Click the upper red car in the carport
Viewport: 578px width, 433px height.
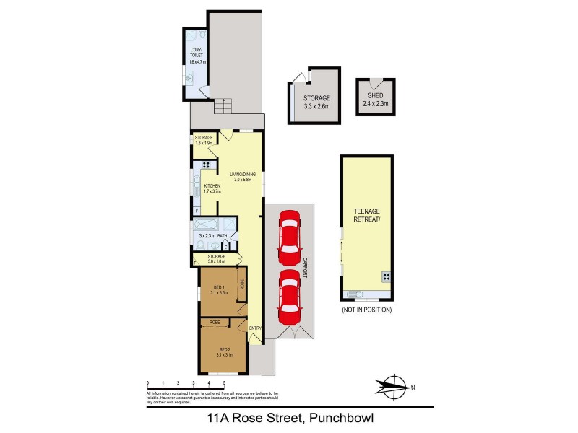coord(289,237)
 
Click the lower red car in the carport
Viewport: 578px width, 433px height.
coord(289,297)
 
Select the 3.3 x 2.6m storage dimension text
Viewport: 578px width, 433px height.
coord(316,107)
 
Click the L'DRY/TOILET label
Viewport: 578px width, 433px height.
coord(197,55)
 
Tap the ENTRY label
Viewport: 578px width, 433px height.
coord(255,329)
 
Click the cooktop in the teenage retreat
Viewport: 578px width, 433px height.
coord(386,276)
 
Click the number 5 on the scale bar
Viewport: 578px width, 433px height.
coord(224,382)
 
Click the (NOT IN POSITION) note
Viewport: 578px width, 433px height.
coord(366,310)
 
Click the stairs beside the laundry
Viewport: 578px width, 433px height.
coord(223,107)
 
